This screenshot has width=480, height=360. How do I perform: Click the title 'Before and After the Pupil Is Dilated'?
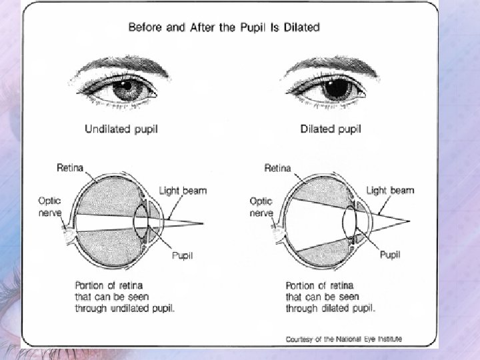pos(223,27)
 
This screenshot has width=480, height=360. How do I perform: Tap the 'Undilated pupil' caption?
pos(122,129)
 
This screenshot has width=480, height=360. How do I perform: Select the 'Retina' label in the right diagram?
pos(277,167)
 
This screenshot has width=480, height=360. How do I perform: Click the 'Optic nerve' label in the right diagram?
pos(261,206)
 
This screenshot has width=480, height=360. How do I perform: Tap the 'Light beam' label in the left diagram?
pos(183,191)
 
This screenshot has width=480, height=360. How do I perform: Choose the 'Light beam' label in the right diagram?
pos(390,190)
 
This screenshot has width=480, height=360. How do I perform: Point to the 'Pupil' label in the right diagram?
pos(390,255)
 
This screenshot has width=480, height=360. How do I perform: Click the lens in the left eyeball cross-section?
pos(140,220)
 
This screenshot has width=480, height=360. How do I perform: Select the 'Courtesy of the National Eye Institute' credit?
pos(343,339)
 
